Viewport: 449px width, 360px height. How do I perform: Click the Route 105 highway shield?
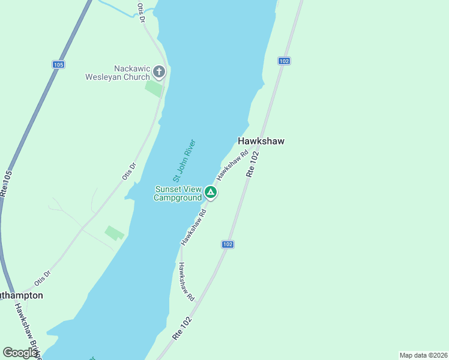click(x=58, y=64)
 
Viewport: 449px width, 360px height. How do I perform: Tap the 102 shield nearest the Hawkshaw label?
click(x=285, y=61)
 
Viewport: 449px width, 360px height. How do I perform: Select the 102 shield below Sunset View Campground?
click(x=228, y=244)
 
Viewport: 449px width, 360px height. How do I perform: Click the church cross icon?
click(x=159, y=73)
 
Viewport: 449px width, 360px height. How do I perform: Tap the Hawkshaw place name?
click(x=261, y=141)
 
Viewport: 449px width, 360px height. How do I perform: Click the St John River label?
click(x=184, y=161)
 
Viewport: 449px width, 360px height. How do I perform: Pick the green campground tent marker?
click(x=210, y=193)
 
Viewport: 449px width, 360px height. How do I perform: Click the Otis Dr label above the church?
click(x=142, y=13)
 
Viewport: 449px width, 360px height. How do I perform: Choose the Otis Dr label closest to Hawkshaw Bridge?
click(x=43, y=277)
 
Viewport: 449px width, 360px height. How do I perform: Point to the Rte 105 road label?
click(x=5, y=182)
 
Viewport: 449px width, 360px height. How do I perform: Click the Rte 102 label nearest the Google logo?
click(x=182, y=329)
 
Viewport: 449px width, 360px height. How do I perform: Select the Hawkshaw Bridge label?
click(x=28, y=331)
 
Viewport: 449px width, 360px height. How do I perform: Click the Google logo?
click(x=20, y=353)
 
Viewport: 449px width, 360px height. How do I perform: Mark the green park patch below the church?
click(x=154, y=88)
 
